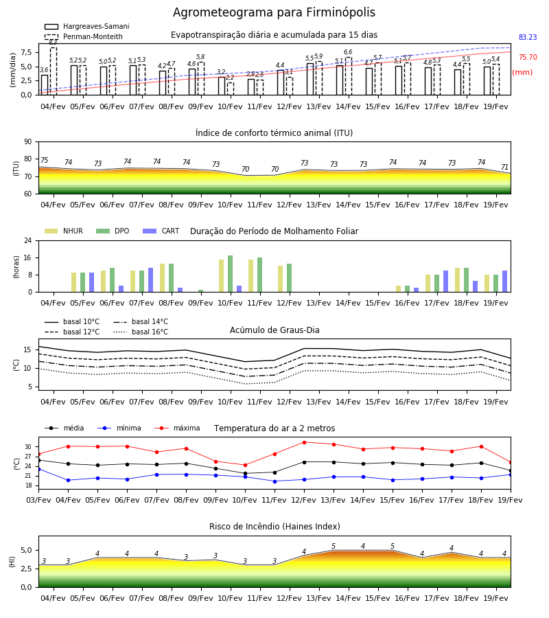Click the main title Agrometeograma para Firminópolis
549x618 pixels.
click(x=274, y=12)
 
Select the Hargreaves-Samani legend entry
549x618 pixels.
click(x=86, y=26)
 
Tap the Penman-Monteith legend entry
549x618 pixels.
click(x=84, y=36)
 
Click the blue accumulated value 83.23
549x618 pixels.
click(x=528, y=38)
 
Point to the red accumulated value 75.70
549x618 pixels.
click(x=528, y=57)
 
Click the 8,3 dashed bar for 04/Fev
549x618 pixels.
click(x=54, y=71)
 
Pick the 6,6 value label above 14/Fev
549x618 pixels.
click(x=348, y=52)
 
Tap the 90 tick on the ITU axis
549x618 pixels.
click(x=28, y=142)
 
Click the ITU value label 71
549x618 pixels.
click(x=504, y=167)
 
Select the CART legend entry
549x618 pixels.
click(x=161, y=231)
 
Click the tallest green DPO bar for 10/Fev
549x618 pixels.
click(x=231, y=274)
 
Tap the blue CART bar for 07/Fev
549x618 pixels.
click(x=150, y=280)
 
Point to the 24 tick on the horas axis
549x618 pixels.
click(x=28, y=240)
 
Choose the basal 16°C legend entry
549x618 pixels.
click(x=141, y=332)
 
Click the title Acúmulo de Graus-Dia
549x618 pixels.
click(x=274, y=330)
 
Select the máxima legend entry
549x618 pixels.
click(x=177, y=428)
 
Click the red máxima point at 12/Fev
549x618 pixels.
click(x=304, y=442)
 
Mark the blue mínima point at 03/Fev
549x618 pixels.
click(x=38, y=469)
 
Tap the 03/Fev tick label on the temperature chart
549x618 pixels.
click(x=38, y=500)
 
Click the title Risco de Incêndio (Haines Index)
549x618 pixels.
click(x=274, y=527)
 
